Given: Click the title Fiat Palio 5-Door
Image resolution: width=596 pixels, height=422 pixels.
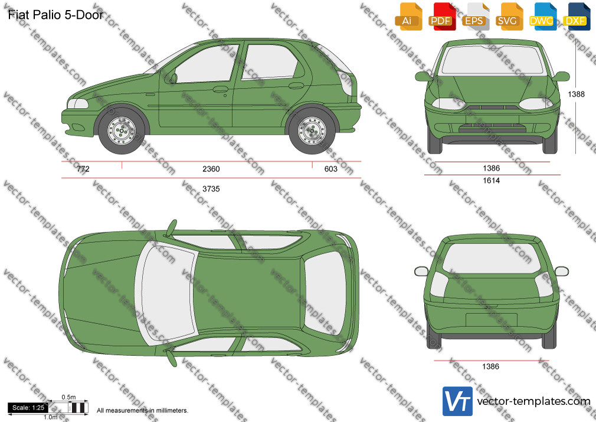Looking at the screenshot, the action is (x=55, y=15).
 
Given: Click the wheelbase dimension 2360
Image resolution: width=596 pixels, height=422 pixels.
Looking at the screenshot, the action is (x=211, y=168).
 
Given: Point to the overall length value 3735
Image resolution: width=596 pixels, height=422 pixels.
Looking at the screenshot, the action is (x=211, y=189).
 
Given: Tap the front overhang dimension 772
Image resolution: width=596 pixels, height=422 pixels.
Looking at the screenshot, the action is (x=83, y=168).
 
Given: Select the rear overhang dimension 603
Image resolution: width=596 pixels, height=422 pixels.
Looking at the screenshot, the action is (x=330, y=168).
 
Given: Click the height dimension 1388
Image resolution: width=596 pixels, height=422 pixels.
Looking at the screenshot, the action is (x=577, y=94).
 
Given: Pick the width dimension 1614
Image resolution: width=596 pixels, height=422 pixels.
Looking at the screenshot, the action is (x=491, y=180).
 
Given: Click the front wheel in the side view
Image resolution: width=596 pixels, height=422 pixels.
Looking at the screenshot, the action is (x=121, y=130).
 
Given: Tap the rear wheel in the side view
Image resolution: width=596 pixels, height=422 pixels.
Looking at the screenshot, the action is (x=312, y=131).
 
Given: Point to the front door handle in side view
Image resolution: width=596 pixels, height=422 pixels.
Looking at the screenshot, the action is (x=221, y=89).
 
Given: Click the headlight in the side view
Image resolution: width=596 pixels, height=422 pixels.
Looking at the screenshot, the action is (x=77, y=103).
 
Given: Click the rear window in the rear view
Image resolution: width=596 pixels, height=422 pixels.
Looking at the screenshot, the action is (x=492, y=258).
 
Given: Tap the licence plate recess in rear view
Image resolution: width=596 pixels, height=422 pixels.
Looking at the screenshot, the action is (x=492, y=320).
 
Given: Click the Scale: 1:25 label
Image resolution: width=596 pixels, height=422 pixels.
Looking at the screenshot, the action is (x=28, y=408).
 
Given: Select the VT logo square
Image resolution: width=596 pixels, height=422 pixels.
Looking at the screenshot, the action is (x=458, y=401).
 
